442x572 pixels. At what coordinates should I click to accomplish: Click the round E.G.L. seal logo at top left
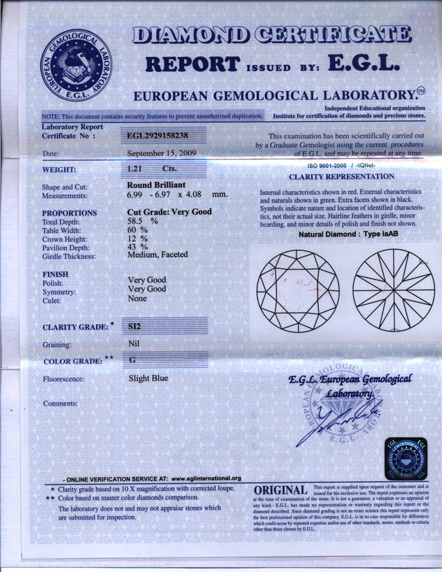pos(73,65)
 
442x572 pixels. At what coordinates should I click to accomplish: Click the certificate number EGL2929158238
pos(157,136)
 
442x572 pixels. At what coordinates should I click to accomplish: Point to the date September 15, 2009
pos(162,152)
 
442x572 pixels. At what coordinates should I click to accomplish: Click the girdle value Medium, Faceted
pos(157,255)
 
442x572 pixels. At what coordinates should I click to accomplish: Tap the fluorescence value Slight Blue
pos(148,378)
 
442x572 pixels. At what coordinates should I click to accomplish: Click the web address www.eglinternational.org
pos(206,478)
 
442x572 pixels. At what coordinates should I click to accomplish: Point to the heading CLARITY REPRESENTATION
pos(341,177)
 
